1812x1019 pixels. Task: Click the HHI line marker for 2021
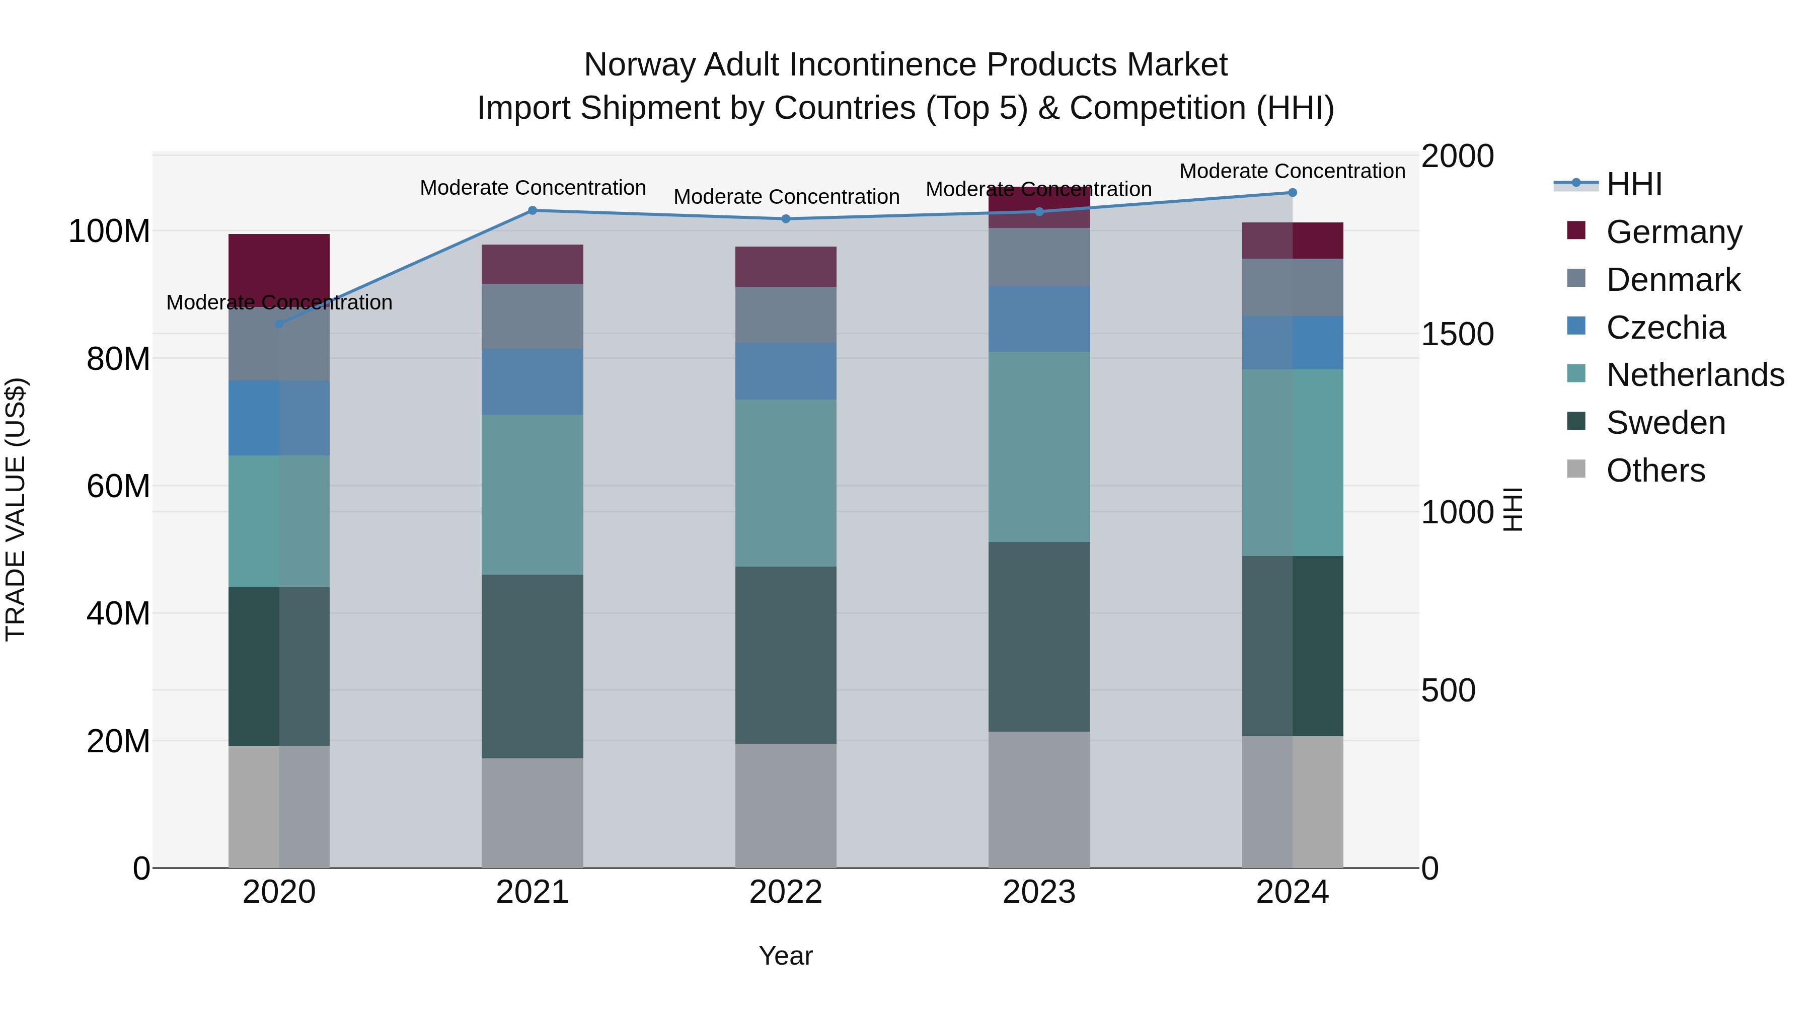(x=533, y=210)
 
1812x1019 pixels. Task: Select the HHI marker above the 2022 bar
(x=786, y=219)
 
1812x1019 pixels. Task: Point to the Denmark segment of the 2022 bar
(x=786, y=315)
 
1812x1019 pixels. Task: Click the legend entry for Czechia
(x=1665, y=328)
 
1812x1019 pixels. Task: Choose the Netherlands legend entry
(x=1695, y=375)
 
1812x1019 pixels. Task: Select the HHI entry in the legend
(x=1633, y=184)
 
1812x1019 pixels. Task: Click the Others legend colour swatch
(x=1576, y=469)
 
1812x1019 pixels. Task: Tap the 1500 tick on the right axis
(x=1457, y=334)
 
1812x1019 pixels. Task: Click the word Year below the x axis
(x=786, y=956)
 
